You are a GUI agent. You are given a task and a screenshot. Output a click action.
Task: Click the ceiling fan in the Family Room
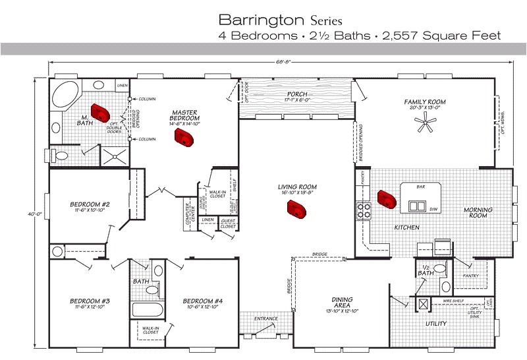428,123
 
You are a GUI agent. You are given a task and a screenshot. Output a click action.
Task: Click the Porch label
297,94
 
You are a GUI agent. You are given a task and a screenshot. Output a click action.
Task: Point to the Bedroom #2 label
90,204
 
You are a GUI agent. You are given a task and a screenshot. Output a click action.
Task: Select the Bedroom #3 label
90,301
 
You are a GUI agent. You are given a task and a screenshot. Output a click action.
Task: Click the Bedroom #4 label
203,301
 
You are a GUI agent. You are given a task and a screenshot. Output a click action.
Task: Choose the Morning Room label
478,213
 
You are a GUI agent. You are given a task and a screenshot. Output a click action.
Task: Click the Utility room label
436,324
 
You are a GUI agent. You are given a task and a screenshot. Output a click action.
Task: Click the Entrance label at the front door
266,319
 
